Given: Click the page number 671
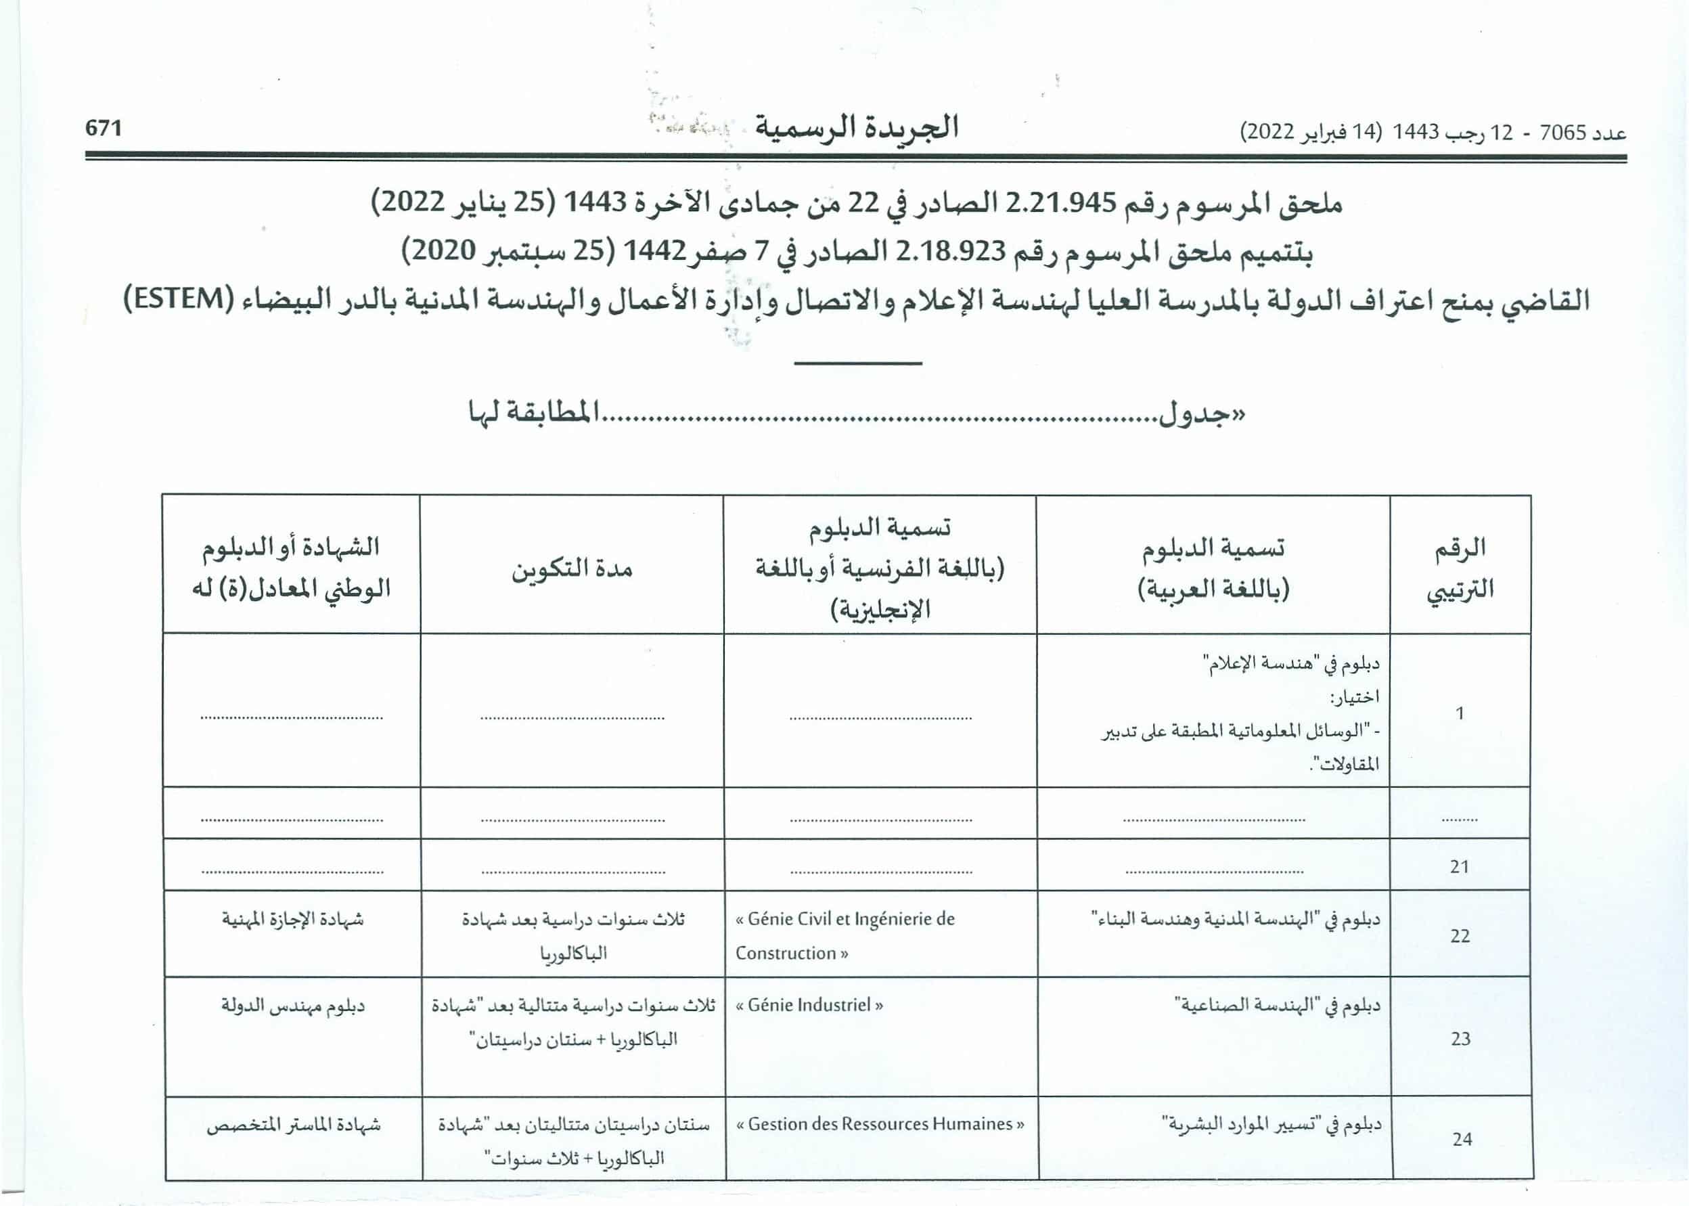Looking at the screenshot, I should (104, 129).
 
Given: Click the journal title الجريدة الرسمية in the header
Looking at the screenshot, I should (857, 128).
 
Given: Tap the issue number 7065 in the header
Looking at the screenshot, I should (1562, 133).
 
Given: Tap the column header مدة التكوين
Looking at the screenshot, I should (572, 570).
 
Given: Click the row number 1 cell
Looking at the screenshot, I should (1460, 713).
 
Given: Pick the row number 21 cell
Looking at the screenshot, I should (1460, 866).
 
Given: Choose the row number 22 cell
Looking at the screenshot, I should (1460, 936).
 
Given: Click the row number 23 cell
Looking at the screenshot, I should (1460, 1038).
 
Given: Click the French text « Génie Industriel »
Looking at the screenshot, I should (809, 1006).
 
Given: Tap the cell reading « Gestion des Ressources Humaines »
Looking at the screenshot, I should (880, 1124).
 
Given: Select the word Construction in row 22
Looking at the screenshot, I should (786, 954).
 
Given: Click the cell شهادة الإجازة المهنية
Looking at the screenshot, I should (292, 919).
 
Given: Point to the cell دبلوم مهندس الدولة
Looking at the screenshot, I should (292, 1006).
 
